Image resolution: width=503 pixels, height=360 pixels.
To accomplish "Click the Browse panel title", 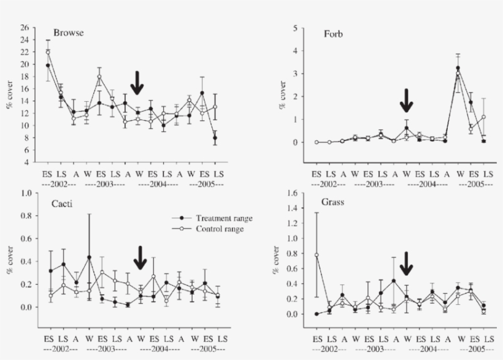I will (x=68, y=33).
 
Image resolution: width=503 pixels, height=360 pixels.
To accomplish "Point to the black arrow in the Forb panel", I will (x=405, y=100).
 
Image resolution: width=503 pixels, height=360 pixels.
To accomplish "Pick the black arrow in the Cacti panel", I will (x=140, y=258).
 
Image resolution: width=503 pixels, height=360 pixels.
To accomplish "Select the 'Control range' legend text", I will (x=221, y=229).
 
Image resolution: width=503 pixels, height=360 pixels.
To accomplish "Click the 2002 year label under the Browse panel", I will (x=60, y=183).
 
